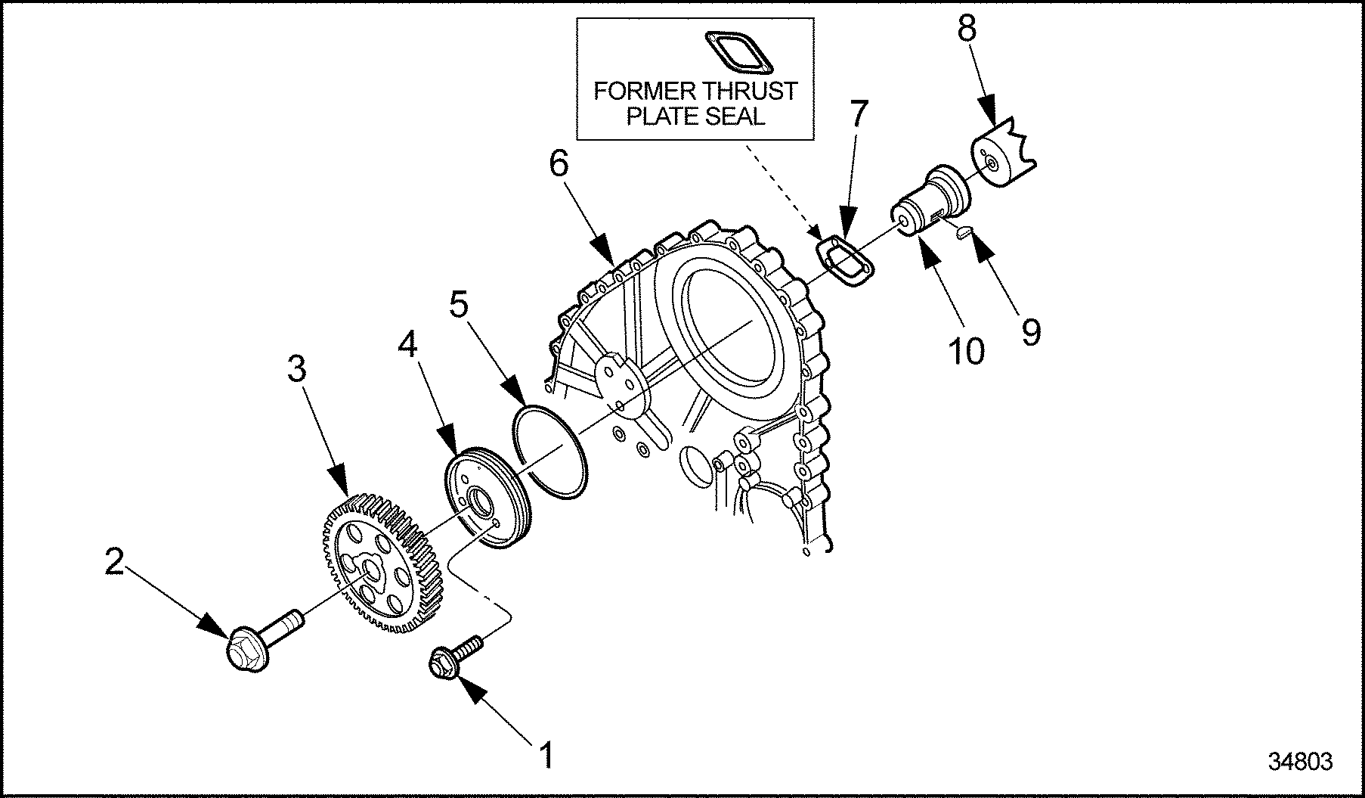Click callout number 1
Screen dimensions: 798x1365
[x=545, y=754]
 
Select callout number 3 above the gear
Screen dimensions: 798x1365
[x=297, y=370]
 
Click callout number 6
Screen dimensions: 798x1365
[x=559, y=164]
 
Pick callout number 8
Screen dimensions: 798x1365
[x=967, y=29]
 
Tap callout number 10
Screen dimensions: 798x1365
[x=967, y=350]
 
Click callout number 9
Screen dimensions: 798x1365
[x=1031, y=331]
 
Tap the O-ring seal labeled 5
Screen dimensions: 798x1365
[x=550, y=452]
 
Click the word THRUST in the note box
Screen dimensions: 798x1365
[x=747, y=92]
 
